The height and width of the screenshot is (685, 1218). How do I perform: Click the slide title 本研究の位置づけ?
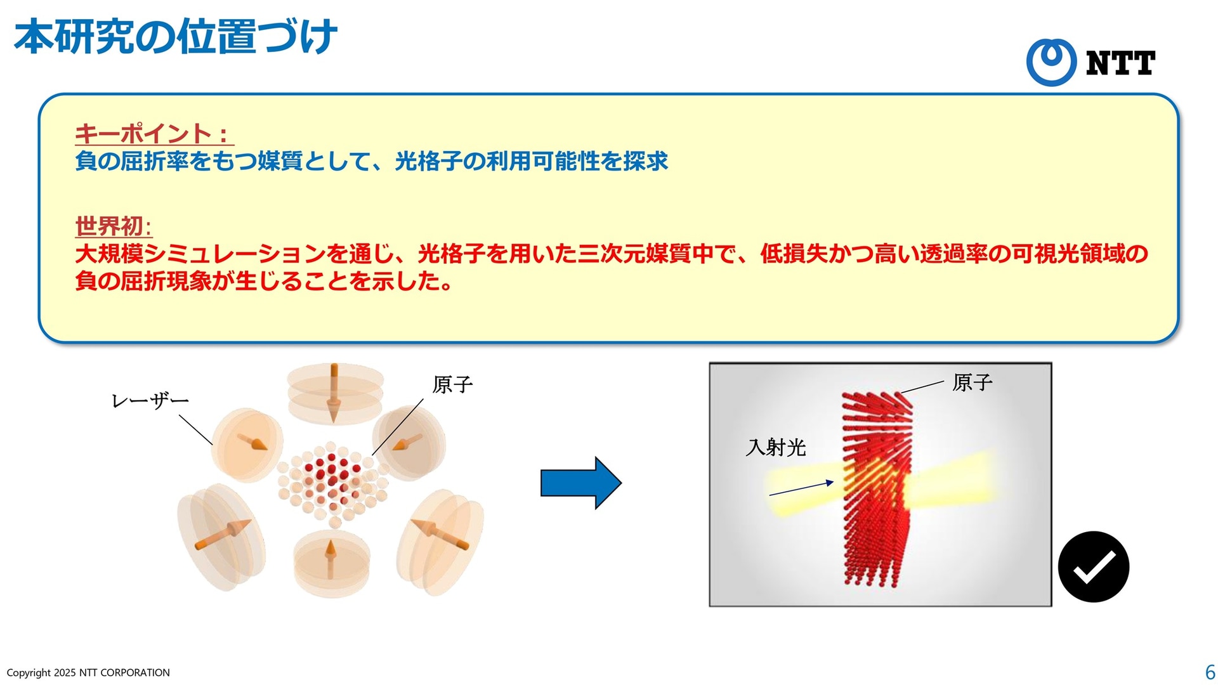tap(175, 37)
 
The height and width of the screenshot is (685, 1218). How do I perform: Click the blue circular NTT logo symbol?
tap(1051, 62)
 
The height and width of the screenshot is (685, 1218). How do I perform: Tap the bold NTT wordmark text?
tap(1120, 63)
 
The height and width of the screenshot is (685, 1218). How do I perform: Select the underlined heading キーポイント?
tap(143, 134)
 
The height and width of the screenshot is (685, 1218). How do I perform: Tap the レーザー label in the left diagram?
tap(150, 401)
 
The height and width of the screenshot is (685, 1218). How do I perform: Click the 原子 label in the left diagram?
tap(452, 384)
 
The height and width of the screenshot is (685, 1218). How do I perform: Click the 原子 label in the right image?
tap(972, 382)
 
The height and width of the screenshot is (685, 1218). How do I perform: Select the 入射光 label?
tap(776, 448)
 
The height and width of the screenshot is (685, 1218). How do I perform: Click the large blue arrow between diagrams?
tap(580, 483)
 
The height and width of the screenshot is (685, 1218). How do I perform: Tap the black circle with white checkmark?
tap(1094, 566)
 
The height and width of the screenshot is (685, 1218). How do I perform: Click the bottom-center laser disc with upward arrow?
tap(331, 564)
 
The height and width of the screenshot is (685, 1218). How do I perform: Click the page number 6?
tap(1210, 672)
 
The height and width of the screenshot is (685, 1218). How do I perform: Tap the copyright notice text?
tap(88, 672)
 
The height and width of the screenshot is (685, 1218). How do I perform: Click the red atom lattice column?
tap(877, 490)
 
